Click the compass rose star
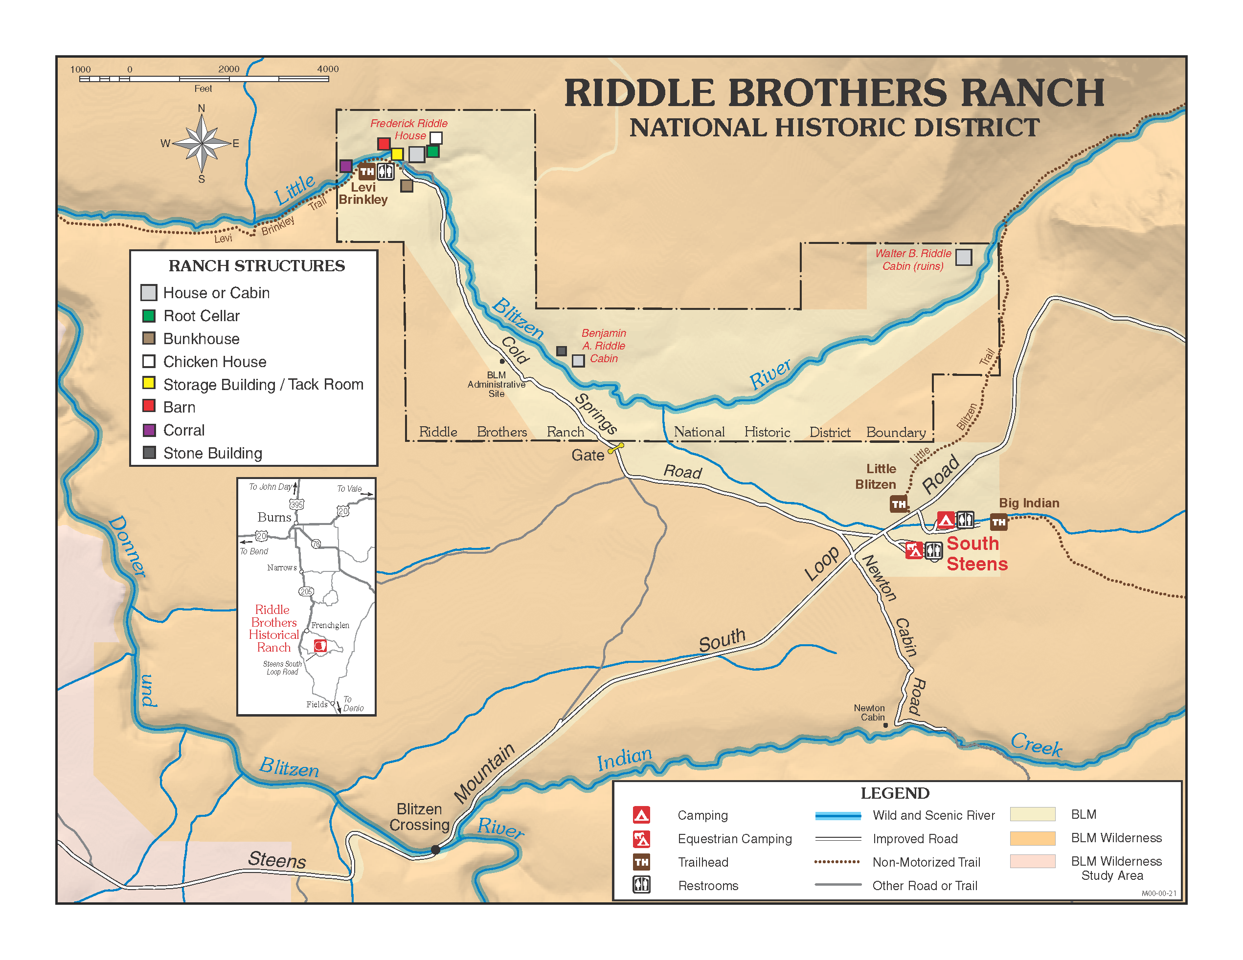[202, 143]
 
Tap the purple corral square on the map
[345, 166]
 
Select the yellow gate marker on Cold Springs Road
[616, 448]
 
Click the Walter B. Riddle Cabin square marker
[963, 257]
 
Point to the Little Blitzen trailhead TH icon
[899, 504]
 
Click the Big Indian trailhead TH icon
[999, 522]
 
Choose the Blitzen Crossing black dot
[435, 849]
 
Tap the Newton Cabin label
[869, 713]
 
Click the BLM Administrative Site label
[497, 385]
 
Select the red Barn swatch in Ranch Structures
[149, 406]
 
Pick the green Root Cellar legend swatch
[149, 316]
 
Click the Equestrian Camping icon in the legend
[641, 839]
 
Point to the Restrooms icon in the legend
[641, 885]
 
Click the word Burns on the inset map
[274, 517]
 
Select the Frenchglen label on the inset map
[330, 625]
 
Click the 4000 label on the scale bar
[328, 69]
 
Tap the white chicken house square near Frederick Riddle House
[436, 138]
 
